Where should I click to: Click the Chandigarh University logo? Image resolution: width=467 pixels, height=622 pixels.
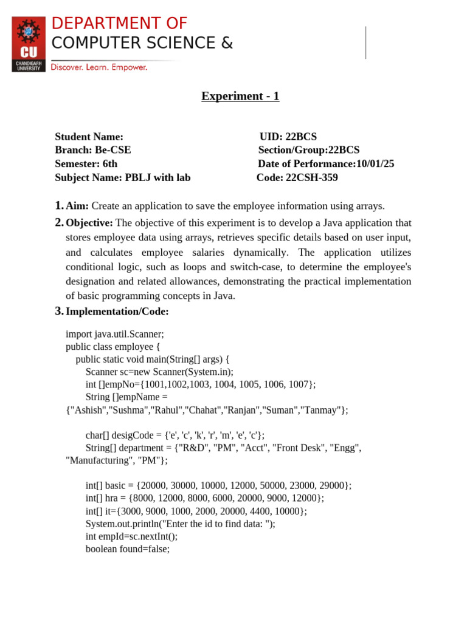(29, 44)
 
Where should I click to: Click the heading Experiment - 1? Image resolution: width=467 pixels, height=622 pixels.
(240, 96)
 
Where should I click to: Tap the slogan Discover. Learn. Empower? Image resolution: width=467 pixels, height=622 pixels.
(99, 67)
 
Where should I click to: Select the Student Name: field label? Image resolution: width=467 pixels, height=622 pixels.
(89, 137)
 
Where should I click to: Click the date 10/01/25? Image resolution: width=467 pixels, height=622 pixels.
(375, 163)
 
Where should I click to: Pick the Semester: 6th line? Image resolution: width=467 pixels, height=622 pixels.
(86, 163)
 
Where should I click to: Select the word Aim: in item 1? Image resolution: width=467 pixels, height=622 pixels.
(77, 207)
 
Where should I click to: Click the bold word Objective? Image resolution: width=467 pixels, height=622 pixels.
(89, 223)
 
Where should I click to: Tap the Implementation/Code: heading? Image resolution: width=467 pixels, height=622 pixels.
(117, 311)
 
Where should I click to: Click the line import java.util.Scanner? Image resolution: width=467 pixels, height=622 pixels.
(115, 333)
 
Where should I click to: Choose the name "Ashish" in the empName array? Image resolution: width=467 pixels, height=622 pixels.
(87, 410)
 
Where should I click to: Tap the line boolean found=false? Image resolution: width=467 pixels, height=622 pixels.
(128, 549)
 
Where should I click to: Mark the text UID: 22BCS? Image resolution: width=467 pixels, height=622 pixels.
(288, 137)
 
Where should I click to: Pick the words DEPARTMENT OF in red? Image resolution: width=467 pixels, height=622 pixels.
(119, 24)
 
